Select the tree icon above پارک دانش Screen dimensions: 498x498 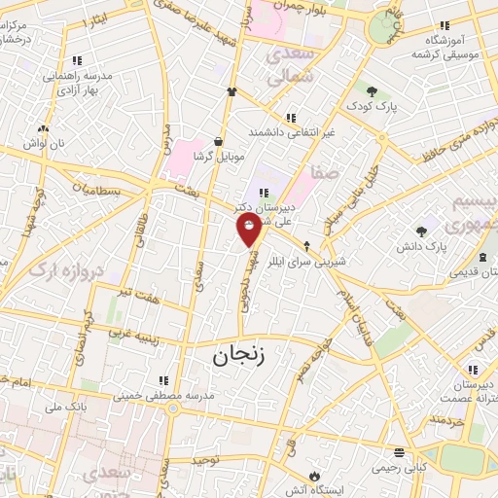[x=420, y=231]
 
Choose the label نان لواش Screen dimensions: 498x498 [x=44, y=142]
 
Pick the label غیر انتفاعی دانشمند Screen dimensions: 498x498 [x=291, y=131]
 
